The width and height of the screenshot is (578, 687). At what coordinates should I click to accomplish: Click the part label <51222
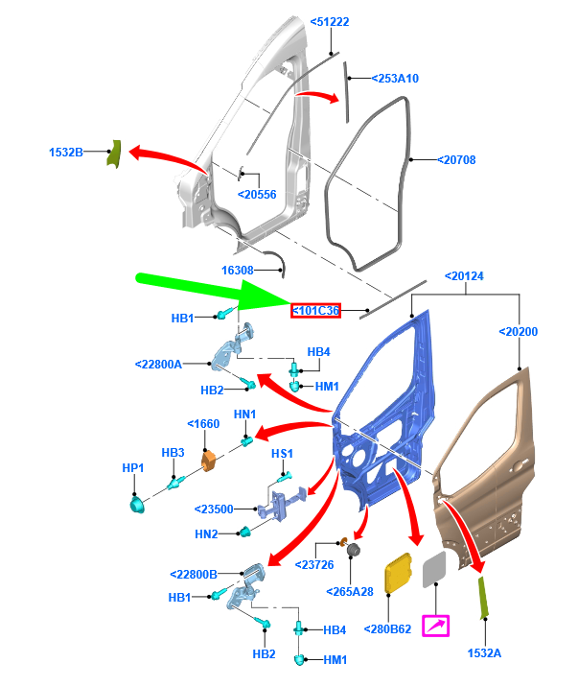pos(330,22)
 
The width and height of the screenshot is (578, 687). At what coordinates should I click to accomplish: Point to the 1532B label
pos(66,152)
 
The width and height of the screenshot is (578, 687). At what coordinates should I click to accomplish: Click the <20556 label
pos(256,195)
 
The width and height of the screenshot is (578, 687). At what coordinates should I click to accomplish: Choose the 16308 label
pos(238,272)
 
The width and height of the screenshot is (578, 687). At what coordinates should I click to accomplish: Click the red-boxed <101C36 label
pos(316,311)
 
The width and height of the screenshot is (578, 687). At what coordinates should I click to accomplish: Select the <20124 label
pos(464,277)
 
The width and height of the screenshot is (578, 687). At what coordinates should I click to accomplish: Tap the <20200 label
pos(518,332)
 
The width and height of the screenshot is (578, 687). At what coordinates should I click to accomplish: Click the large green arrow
pos(211,291)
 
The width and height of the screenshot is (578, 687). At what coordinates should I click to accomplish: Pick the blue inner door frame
pos(383,403)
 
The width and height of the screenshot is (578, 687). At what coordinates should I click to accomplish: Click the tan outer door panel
pos(489,461)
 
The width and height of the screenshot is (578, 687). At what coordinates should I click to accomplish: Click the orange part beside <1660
pos(209,463)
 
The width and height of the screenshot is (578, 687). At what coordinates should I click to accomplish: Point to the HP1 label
pos(132,467)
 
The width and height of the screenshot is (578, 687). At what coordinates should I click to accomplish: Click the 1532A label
pos(485,652)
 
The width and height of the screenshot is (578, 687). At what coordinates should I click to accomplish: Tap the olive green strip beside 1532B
pos(113,152)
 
